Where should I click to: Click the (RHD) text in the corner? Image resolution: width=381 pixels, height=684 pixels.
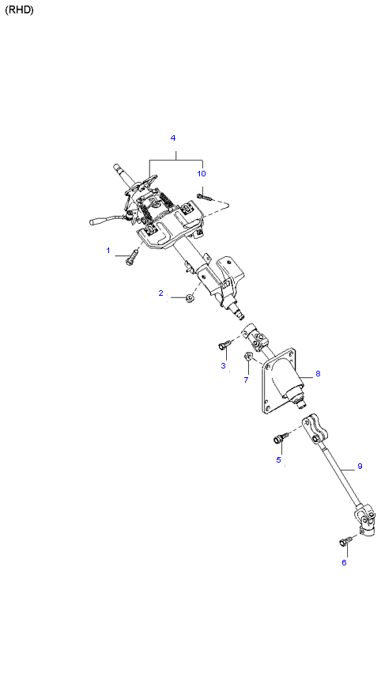19,10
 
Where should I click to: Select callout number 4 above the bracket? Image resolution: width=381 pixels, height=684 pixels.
173,138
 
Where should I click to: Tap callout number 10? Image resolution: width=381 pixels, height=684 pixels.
201,174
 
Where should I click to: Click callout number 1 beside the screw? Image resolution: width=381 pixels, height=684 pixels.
108,250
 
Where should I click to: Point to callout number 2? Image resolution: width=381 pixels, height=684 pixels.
160,293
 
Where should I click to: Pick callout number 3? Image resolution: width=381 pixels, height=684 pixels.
223,365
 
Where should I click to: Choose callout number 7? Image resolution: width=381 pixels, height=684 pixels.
246,380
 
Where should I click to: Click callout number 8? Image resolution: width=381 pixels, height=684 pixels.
318,373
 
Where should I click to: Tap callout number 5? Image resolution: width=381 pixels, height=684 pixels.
278,459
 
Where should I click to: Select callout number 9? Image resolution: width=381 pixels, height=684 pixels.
360,467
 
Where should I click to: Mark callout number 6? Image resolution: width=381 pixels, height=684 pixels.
344,563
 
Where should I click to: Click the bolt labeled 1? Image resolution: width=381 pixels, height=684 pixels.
132,256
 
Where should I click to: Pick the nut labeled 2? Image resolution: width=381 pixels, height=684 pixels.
189,298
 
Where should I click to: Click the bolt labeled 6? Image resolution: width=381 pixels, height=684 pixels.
345,541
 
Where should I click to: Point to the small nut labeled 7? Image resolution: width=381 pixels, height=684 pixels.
248,357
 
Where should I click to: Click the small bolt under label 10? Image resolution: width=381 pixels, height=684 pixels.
204,197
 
